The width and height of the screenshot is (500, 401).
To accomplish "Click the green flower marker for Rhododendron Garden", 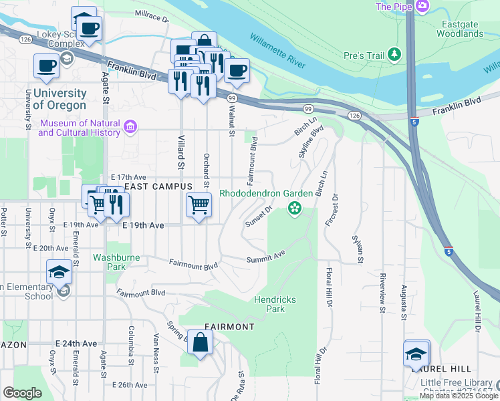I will coord(293,209).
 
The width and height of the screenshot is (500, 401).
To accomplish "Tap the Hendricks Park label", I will coord(275,305).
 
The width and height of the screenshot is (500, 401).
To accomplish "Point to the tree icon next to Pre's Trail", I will coord(396,53).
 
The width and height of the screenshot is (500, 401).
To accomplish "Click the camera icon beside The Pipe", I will coord(422,7).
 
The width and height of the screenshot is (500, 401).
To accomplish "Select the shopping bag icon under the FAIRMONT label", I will coord(201,343).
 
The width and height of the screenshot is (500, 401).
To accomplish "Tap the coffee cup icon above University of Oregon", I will coord(47,65).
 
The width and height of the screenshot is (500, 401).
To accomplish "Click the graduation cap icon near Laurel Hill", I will coord(416,354).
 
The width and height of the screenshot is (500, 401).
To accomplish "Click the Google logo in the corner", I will coord(22,393).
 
